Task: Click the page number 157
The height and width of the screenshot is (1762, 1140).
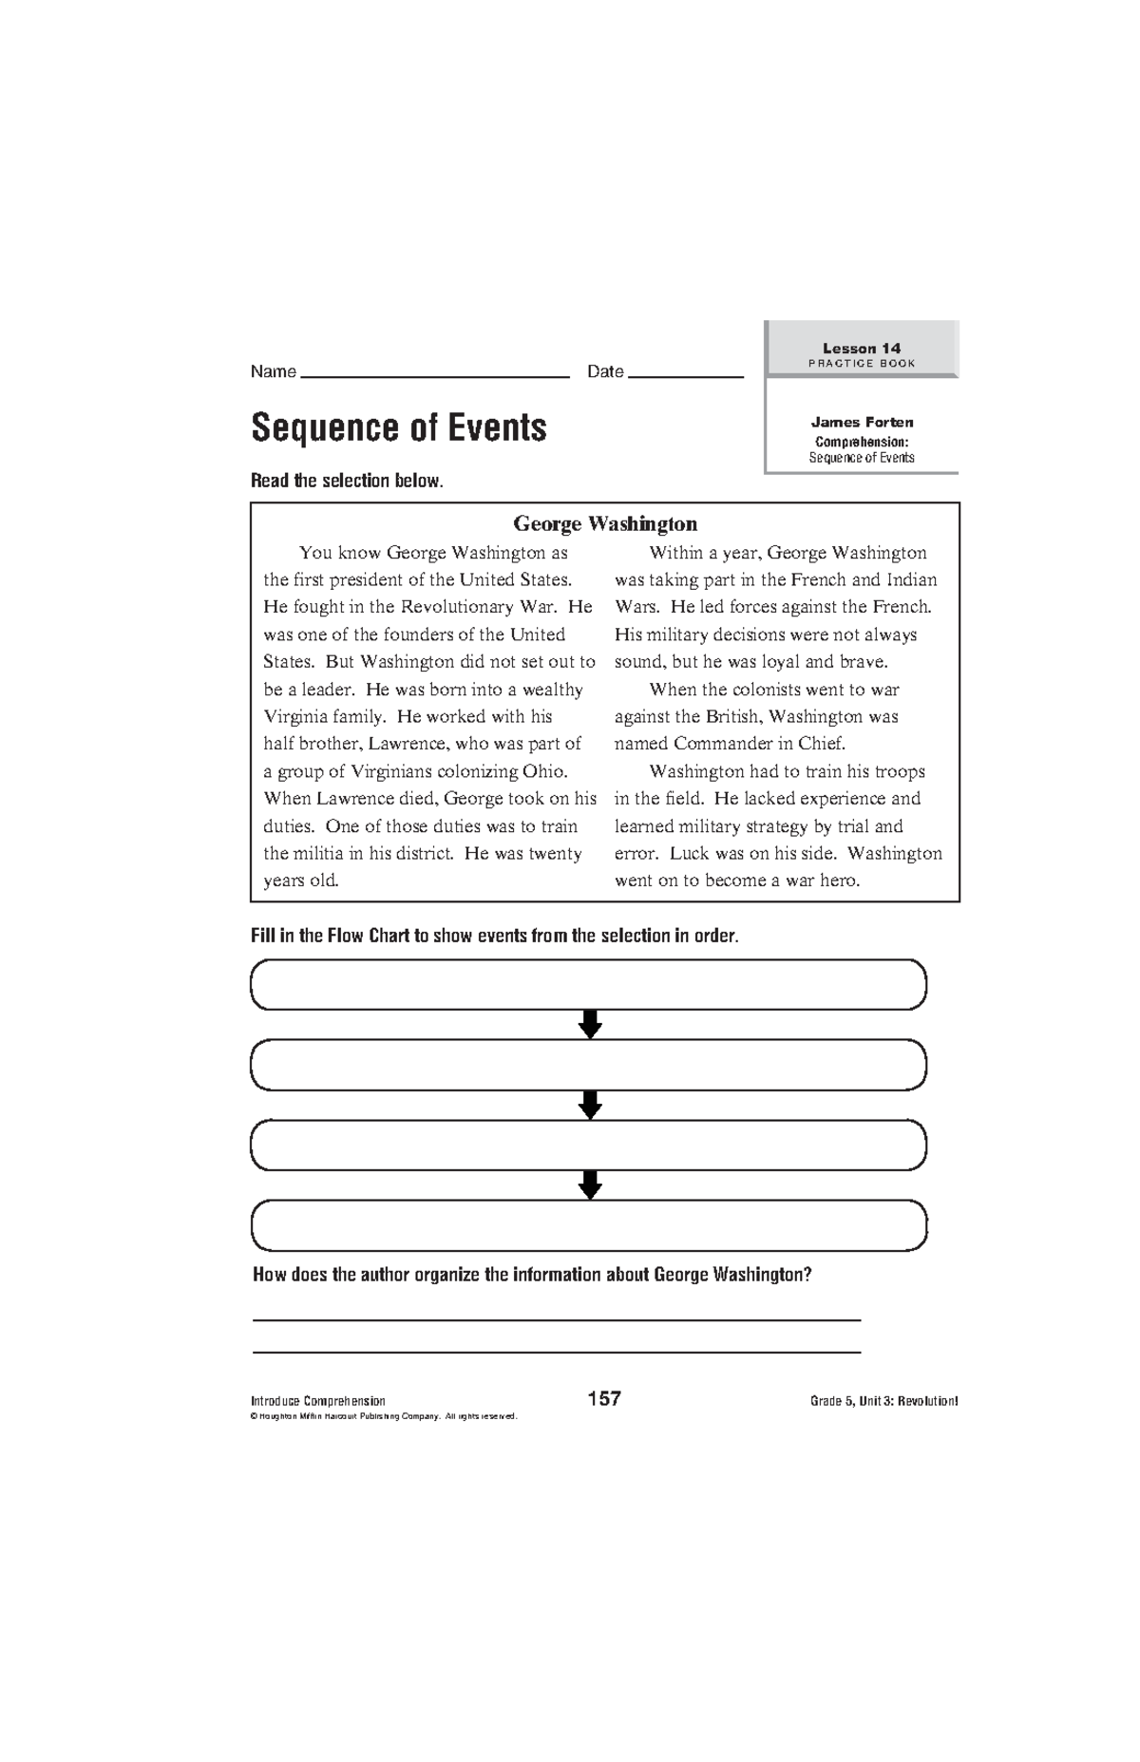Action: [604, 1398]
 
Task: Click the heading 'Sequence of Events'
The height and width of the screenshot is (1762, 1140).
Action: [398, 428]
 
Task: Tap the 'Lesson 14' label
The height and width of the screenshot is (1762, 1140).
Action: [861, 348]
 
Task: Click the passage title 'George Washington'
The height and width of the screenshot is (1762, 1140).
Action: [605, 523]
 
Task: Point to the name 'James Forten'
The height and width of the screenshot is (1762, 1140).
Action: [862, 422]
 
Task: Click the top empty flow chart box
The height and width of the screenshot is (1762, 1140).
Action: [588, 984]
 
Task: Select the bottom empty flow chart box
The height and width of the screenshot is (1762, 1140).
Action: [588, 1225]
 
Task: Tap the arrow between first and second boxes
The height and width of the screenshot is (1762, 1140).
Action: [590, 1024]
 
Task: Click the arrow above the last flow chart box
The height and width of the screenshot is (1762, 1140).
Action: [590, 1184]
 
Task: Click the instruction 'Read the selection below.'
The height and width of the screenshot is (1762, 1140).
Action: [347, 481]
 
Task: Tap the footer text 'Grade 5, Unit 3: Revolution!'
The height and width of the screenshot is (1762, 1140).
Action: [883, 1401]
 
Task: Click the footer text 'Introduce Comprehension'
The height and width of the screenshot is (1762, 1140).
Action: [317, 1401]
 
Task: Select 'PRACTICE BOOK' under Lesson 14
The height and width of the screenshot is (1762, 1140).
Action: [861, 364]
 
